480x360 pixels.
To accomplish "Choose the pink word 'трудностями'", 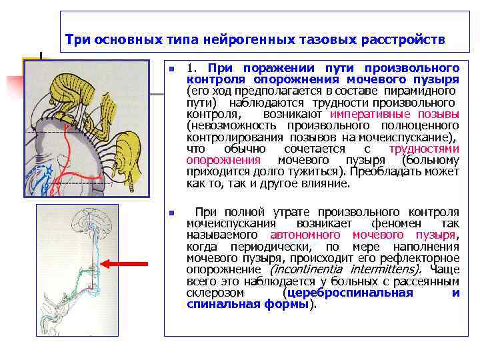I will click(424, 149).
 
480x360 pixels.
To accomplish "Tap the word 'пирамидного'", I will click(425, 91).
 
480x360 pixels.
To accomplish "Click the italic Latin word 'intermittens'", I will click(387, 269).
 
